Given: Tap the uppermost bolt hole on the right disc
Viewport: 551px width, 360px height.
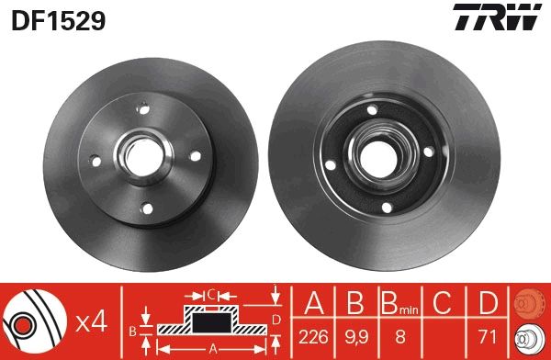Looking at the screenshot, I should (371, 113).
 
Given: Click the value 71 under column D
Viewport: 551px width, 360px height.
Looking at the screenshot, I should (486, 335).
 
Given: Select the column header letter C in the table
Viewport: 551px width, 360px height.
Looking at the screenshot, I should (444, 304).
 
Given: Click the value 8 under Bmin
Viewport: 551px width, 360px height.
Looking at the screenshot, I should (399, 335).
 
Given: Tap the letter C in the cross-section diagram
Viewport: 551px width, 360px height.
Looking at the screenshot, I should (210, 294).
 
